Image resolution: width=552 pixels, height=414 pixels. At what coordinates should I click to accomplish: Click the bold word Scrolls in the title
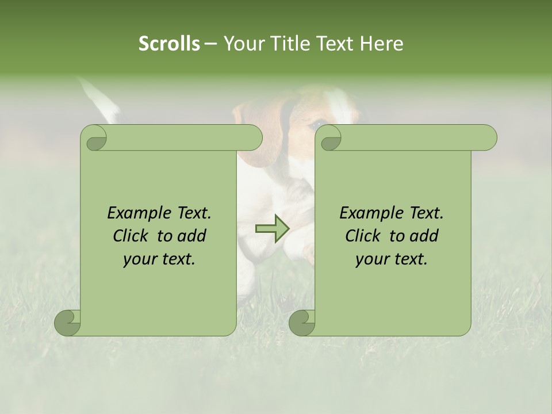169,44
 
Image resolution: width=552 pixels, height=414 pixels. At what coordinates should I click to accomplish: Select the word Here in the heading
381,44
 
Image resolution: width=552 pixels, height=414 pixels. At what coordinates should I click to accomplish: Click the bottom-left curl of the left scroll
68,323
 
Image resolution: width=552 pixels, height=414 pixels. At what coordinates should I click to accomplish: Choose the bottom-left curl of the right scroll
302,323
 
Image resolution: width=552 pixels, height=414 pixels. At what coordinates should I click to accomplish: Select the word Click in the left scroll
133,236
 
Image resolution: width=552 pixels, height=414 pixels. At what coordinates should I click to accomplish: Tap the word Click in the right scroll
365,236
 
